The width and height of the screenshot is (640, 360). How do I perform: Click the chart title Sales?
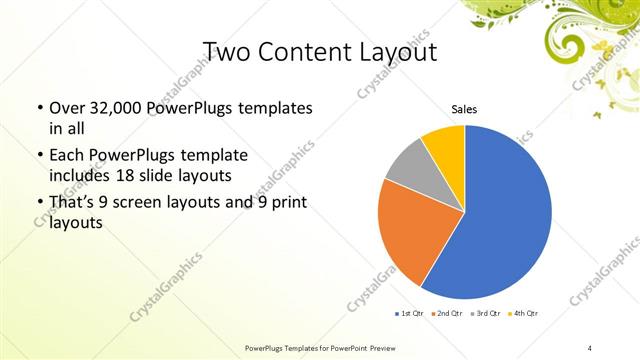[x=464, y=110]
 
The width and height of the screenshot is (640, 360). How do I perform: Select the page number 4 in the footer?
[x=590, y=347]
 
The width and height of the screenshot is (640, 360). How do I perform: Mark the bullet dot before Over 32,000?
[x=39, y=108]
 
